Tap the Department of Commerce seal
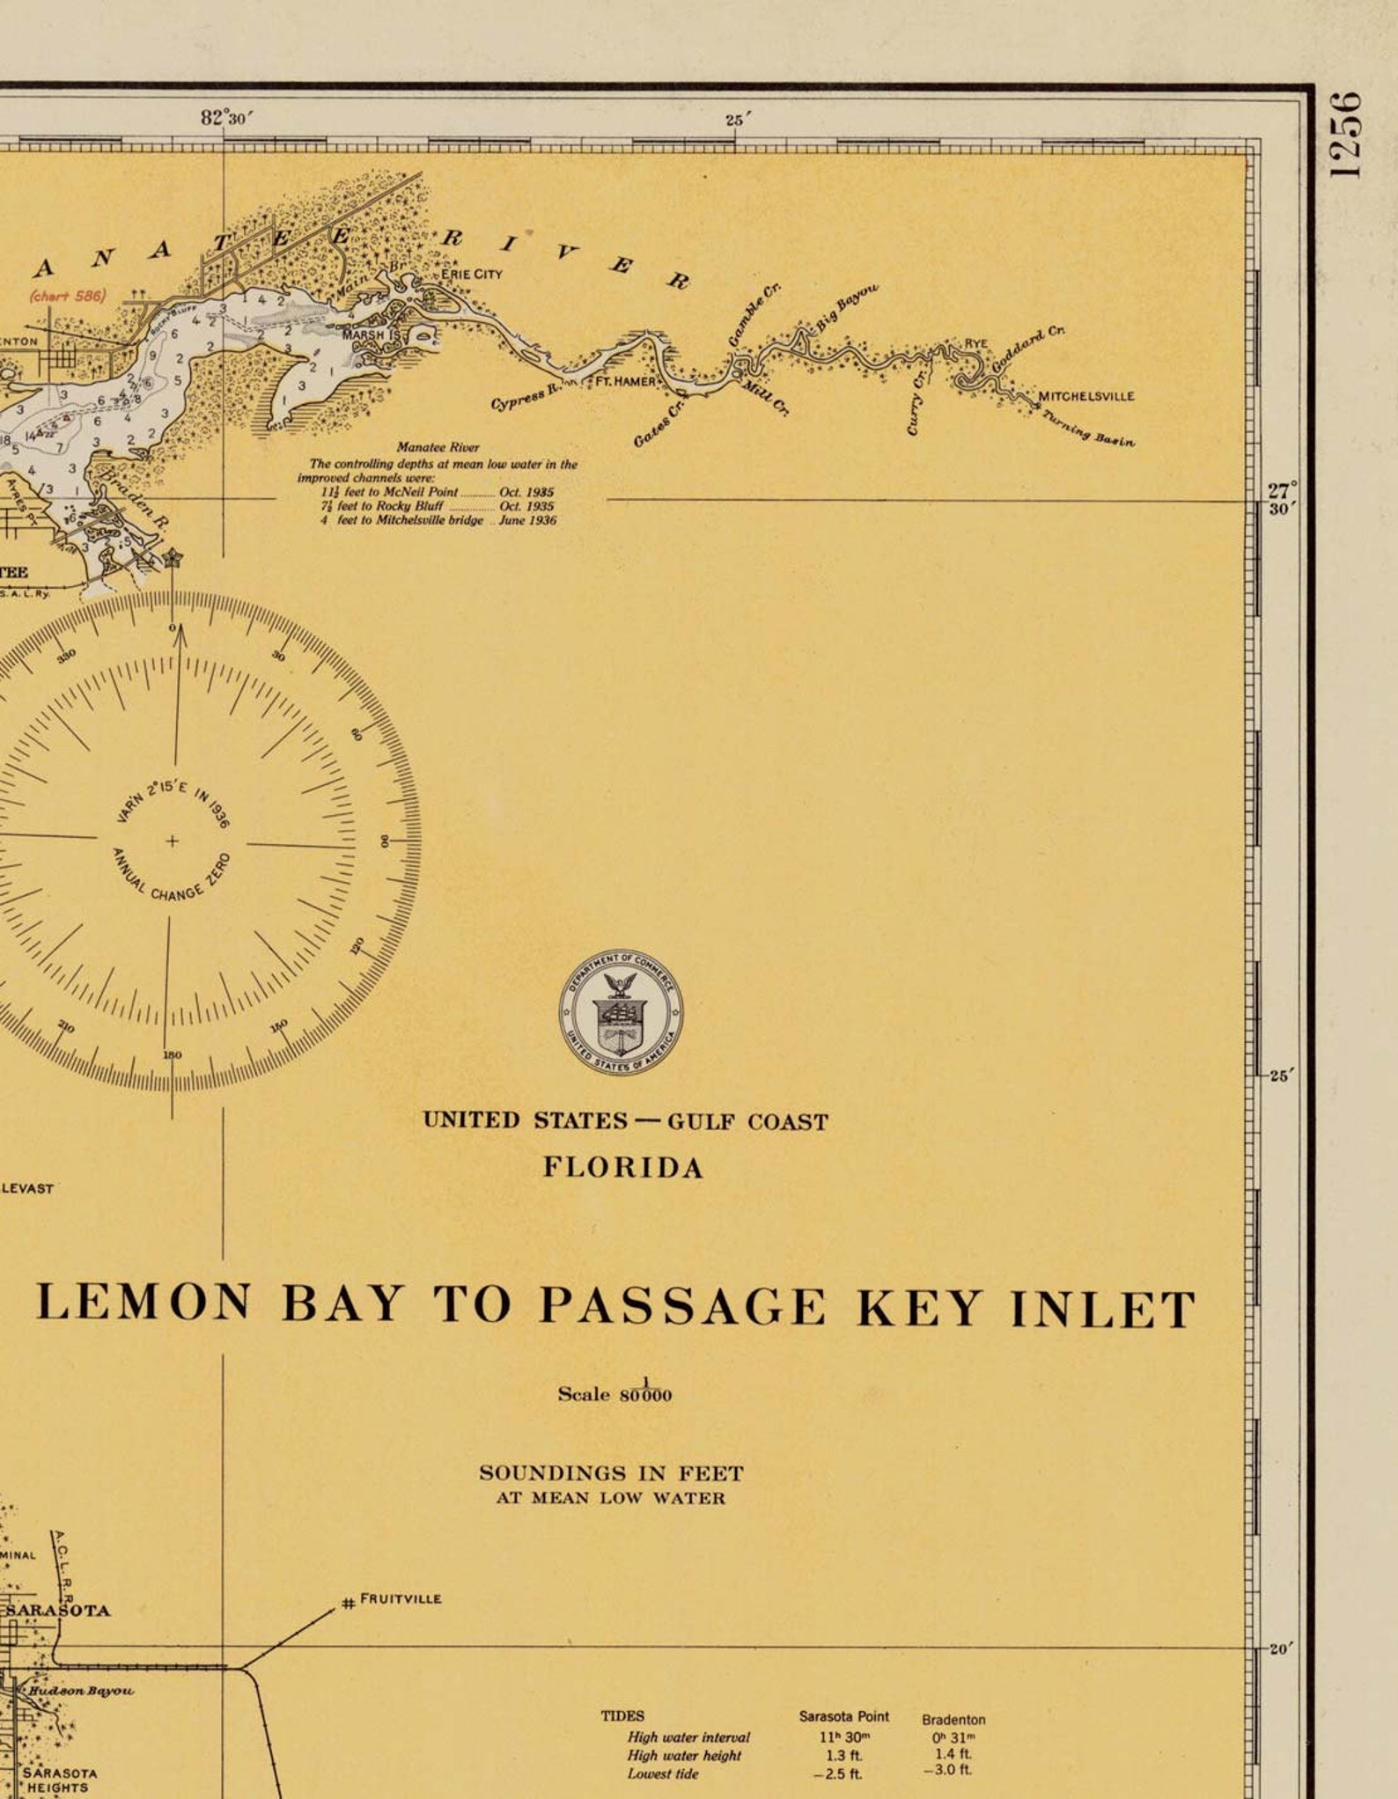click(621, 1011)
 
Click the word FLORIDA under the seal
click(623, 1168)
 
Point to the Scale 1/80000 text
click(614, 1392)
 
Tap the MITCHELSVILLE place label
click(1086, 396)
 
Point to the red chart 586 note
click(67, 296)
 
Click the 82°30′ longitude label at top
click(226, 118)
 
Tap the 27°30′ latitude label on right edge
click(1282, 499)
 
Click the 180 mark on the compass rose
click(172, 1054)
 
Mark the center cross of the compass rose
click(172, 841)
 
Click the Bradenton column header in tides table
click(953, 1719)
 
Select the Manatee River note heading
click(438, 447)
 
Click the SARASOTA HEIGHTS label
click(59, 1781)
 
